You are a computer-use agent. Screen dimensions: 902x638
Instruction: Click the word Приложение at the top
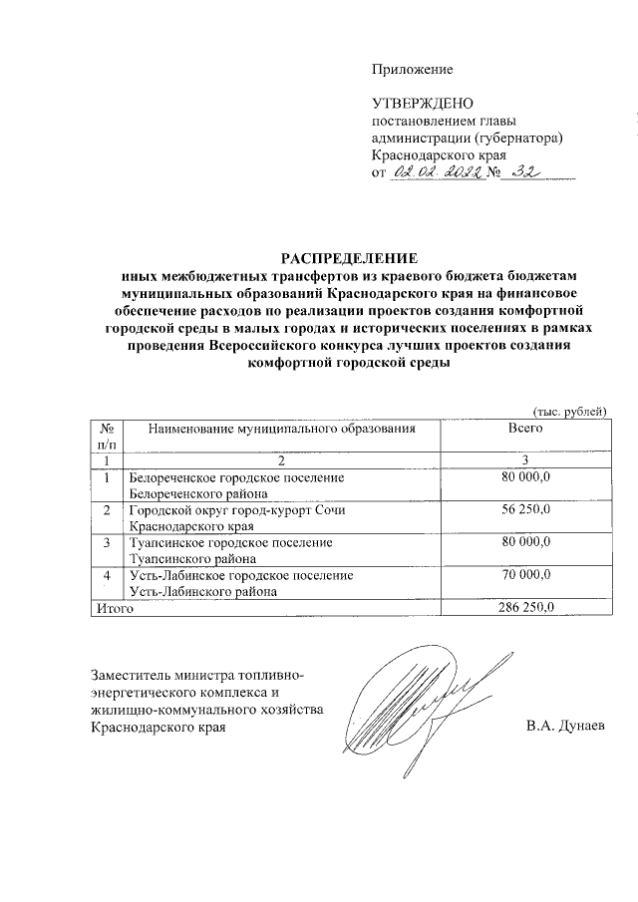(x=412, y=69)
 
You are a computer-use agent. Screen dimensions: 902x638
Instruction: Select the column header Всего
(x=525, y=428)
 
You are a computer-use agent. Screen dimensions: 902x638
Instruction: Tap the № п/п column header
(x=107, y=436)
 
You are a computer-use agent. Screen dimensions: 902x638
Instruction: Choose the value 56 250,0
(x=525, y=509)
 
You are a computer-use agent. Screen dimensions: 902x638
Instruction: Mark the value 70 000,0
(x=525, y=575)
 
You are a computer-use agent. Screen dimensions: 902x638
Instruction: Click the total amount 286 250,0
(x=525, y=607)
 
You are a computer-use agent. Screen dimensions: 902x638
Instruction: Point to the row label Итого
(x=113, y=607)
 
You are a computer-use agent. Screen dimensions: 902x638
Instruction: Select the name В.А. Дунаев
(x=566, y=727)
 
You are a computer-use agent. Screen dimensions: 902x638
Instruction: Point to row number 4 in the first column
(x=107, y=575)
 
